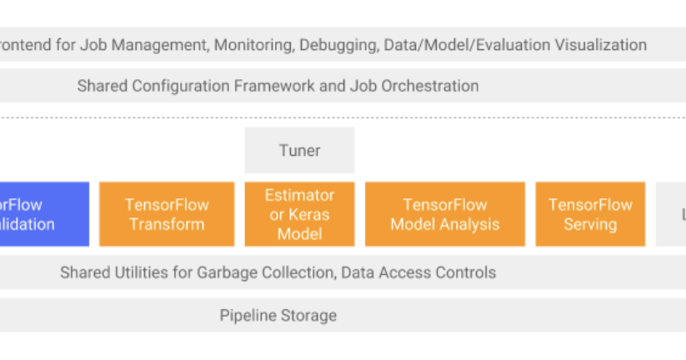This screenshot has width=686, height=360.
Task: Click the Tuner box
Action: pyautogui.click(x=299, y=150)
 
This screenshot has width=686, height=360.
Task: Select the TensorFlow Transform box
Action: pyautogui.click(x=167, y=214)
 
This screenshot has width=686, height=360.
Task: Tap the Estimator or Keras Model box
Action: pyautogui.click(x=299, y=214)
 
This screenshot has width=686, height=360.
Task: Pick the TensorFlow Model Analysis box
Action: pyautogui.click(x=444, y=214)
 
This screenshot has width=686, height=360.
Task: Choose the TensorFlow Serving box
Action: pyautogui.click(x=589, y=214)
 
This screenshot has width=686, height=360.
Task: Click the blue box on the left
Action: pyautogui.click(x=42, y=214)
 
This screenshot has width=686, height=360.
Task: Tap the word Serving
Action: pyautogui.click(x=589, y=224)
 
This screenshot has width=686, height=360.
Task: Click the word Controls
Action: pyautogui.click(x=467, y=272)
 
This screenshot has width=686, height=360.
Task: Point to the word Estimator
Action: pyautogui.click(x=299, y=195)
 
